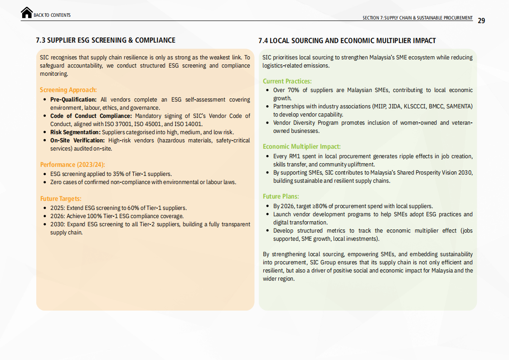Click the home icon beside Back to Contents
pos(27,13)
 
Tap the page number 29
pos(481,20)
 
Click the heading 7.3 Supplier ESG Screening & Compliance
pos(106,40)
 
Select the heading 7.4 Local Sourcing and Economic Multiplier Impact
pos(347,41)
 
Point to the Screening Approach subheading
pos(68,90)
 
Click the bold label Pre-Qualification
pos(73,100)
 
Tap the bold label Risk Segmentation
pos(74,132)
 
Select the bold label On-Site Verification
pos(78,141)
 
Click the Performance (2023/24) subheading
pos(73,165)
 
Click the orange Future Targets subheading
pos(61,199)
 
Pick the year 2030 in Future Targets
pos(57,224)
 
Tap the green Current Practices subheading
pos(287,81)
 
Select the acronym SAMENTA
pos(459,107)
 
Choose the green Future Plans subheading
pos(281,196)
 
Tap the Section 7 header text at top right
pos(417,18)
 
